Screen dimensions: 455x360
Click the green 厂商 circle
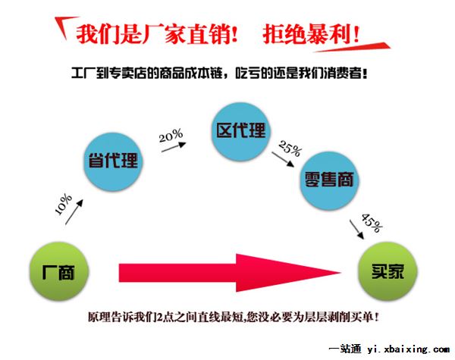pos(59,271)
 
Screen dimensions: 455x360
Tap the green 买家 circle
pos(388,271)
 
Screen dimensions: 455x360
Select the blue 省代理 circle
pos(113,161)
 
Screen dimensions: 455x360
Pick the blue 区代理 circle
pos(240,131)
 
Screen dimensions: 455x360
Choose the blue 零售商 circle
pos(329,180)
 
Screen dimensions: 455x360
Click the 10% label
pos(64,204)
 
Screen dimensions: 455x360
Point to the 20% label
pos(171,135)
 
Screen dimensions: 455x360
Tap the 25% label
pos(290,149)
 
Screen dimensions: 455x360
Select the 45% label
pos(372,223)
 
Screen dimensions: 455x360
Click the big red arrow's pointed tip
pos(341,272)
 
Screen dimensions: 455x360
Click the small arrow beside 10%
pos(74,212)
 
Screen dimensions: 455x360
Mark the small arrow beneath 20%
pos(174,147)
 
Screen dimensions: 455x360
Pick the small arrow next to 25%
pos(283,160)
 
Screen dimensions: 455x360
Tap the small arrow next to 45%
pos(356,230)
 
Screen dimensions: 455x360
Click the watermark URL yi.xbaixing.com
pos(408,349)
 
